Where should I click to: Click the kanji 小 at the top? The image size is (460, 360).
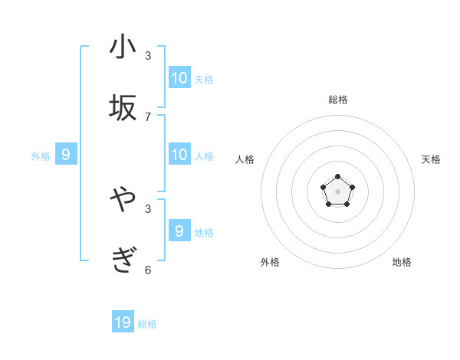[123, 47]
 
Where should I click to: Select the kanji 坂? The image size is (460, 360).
[123, 108]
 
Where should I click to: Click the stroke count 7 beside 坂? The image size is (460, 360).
[148, 116]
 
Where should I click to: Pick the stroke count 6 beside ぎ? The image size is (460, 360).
[148, 270]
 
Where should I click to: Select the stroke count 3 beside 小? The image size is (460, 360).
[148, 55]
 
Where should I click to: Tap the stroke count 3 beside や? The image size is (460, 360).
[148, 208]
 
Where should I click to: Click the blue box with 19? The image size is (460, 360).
[123, 322]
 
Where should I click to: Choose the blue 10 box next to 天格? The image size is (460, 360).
[179, 77]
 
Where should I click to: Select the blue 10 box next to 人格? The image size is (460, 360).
[179, 155]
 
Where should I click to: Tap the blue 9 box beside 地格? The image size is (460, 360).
[179, 231]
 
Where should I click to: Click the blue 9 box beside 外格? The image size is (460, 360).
[66, 155]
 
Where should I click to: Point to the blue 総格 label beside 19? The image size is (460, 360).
[147, 324]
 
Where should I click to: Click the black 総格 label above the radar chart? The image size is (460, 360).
[337, 100]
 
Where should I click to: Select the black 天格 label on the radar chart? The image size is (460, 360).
[431, 159]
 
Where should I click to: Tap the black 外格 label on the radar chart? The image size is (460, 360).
[270, 262]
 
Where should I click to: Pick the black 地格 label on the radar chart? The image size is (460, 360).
[402, 262]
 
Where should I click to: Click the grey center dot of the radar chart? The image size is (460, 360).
[337, 191]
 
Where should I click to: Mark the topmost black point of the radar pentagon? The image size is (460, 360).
[337, 177]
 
